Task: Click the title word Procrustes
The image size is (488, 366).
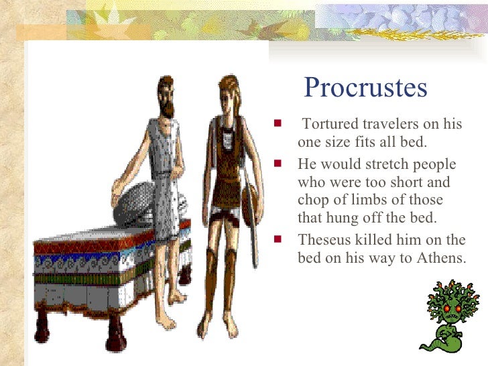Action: click(365, 88)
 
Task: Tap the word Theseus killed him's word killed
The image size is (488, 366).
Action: click(377, 240)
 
